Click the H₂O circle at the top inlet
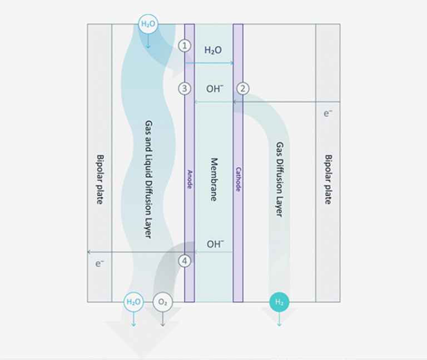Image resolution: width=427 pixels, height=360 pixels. [x=148, y=24]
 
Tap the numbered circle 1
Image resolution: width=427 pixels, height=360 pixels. [x=185, y=46]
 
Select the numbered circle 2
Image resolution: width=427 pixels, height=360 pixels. [x=242, y=88]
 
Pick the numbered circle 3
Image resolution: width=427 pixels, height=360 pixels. [x=185, y=88]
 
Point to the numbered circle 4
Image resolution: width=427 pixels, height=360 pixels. [x=185, y=260]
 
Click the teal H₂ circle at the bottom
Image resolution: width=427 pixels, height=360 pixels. [x=279, y=302]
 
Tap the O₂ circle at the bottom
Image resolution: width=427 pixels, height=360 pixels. [x=162, y=302]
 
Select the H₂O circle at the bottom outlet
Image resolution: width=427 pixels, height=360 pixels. [x=133, y=302]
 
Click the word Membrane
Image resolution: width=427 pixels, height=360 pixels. [x=214, y=179]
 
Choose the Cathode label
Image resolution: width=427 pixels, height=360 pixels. [x=238, y=179]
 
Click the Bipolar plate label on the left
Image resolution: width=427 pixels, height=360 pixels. [x=100, y=179]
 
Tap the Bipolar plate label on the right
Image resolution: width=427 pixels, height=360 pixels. [x=328, y=179]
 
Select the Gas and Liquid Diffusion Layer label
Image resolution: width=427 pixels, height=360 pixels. [x=148, y=179]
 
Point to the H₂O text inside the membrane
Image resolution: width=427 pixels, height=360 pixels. [x=213, y=50]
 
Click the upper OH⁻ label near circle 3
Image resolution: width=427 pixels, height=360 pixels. [x=215, y=88]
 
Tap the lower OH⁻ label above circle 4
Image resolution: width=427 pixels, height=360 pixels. [x=215, y=244]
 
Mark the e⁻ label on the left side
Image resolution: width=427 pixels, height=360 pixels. [x=100, y=263]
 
